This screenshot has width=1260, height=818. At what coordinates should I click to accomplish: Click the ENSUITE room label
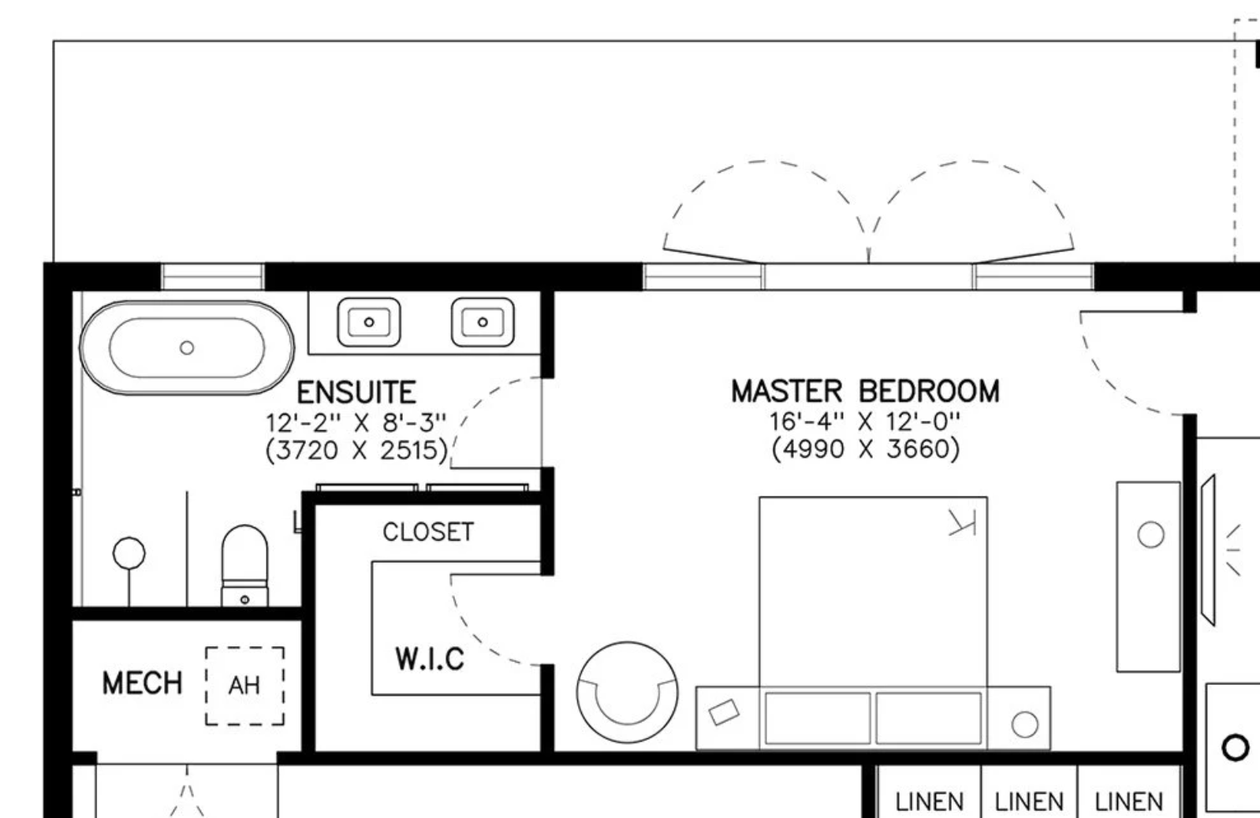click(x=356, y=392)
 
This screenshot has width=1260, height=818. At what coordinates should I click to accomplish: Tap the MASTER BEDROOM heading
click(x=865, y=392)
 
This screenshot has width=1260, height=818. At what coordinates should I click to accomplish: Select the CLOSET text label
click(x=428, y=532)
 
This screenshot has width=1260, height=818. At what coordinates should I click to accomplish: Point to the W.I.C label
click(x=430, y=659)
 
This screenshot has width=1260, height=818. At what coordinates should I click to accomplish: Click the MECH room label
click(x=142, y=683)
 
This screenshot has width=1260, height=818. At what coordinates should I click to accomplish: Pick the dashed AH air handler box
click(x=244, y=686)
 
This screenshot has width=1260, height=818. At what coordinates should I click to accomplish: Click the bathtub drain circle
click(x=187, y=348)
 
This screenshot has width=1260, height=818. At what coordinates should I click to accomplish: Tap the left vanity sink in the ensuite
click(x=369, y=322)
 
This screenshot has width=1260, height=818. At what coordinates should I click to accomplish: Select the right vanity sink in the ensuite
click(x=483, y=322)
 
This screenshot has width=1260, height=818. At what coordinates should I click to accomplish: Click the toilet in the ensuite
click(x=244, y=566)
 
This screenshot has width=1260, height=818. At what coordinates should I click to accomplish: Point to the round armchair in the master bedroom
click(x=627, y=692)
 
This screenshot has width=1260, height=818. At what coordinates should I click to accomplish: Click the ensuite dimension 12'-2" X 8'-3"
click(x=356, y=422)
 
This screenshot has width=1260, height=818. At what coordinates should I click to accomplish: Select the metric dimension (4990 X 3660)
click(x=865, y=449)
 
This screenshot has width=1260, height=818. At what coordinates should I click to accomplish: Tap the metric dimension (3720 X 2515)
click(x=356, y=450)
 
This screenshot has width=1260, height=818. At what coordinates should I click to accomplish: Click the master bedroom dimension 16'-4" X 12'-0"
click(x=864, y=421)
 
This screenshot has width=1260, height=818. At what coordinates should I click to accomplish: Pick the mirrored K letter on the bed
click(x=962, y=522)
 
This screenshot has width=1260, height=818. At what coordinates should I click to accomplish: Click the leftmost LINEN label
click(x=930, y=801)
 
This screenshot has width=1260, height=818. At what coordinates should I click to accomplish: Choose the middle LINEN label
click(x=1029, y=801)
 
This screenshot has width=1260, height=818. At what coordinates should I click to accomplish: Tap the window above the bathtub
click(x=213, y=277)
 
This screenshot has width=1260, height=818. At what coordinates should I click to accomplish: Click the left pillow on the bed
click(x=818, y=718)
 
